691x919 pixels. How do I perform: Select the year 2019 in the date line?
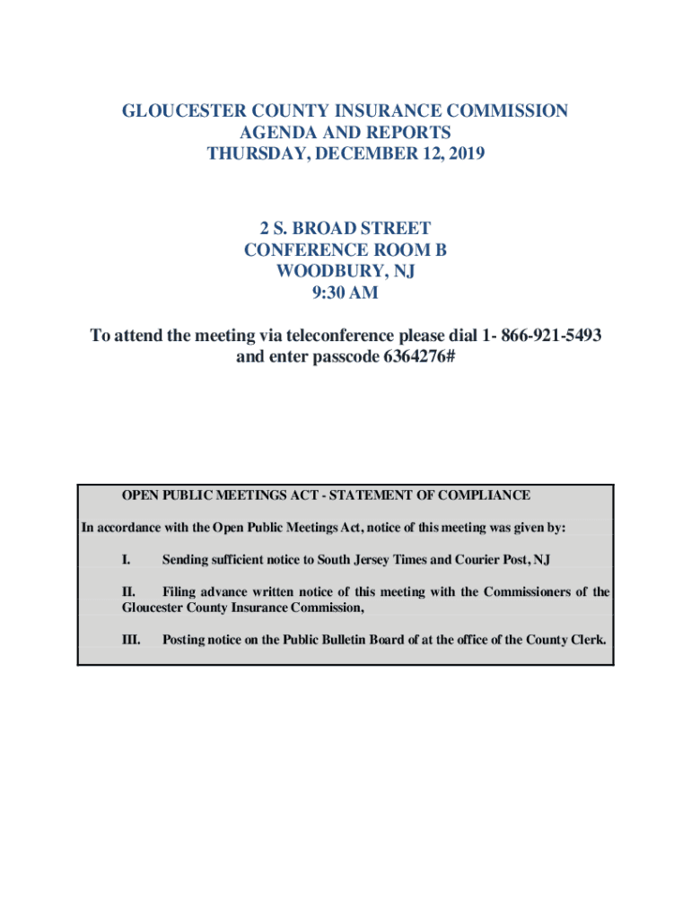[x=463, y=153]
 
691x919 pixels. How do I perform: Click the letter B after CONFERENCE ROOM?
[x=441, y=249]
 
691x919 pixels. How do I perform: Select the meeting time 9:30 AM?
[x=345, y=292]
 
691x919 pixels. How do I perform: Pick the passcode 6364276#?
[x=409, y=357]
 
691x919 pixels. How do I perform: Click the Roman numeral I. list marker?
[x=127, y=560]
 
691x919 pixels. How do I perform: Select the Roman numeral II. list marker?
[x=128, y=592]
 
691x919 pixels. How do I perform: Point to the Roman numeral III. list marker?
[x=131, y=640]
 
